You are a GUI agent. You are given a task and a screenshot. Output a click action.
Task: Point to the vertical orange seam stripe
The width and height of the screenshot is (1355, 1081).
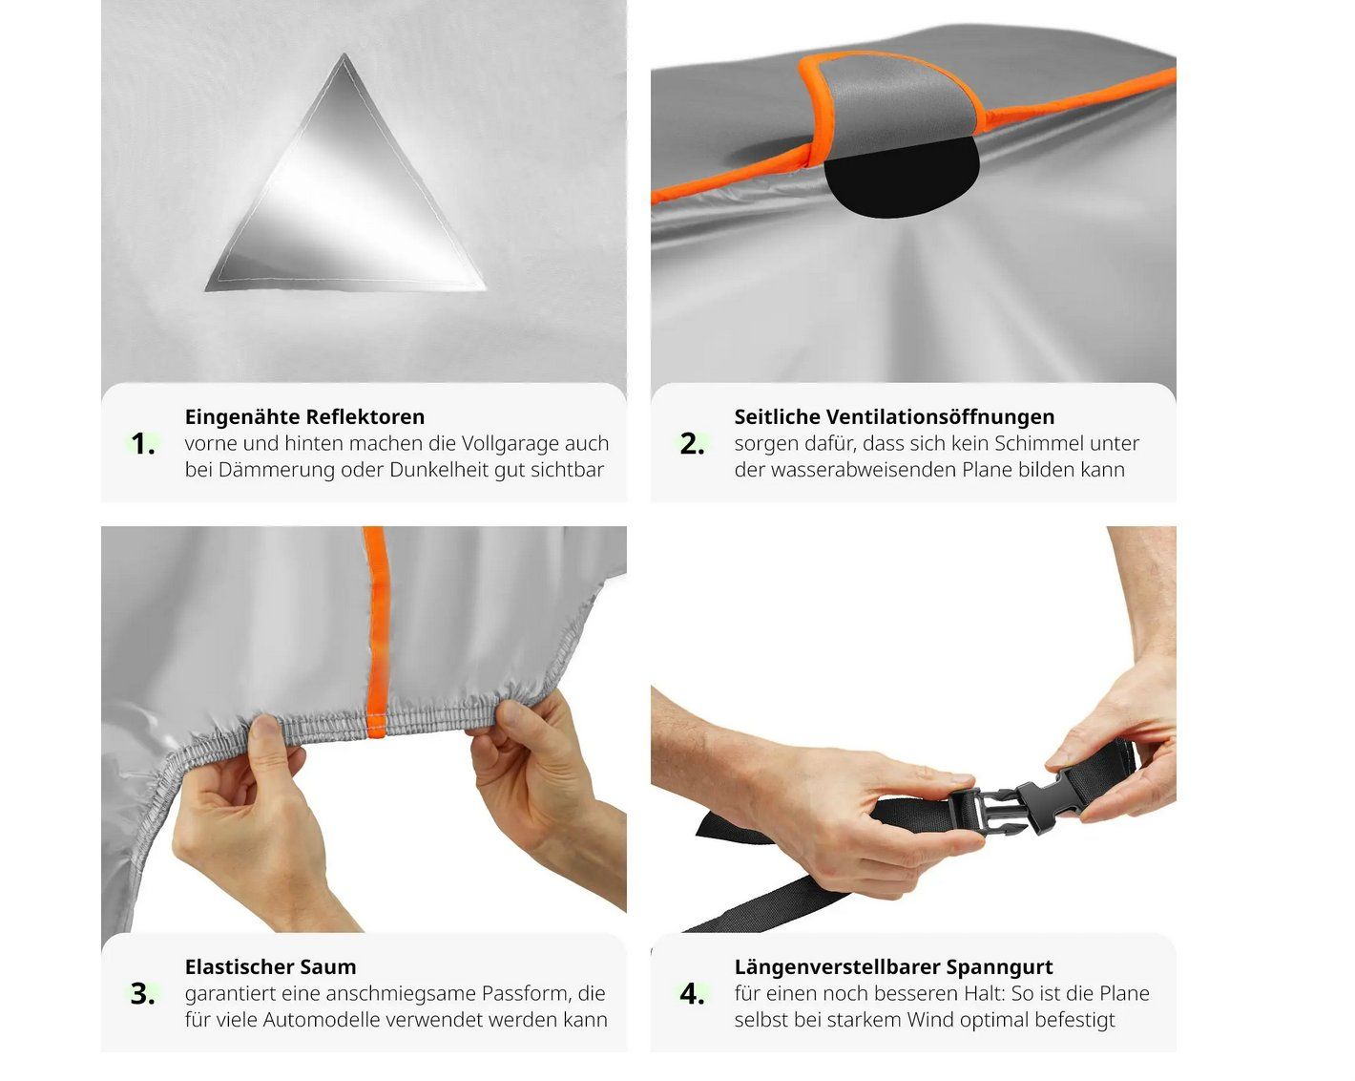tap(377, 630)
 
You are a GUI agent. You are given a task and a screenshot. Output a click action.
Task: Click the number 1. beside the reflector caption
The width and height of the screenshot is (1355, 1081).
tap(143, 444)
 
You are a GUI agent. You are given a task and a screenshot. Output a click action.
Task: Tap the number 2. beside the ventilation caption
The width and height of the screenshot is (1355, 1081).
tap(692, 444)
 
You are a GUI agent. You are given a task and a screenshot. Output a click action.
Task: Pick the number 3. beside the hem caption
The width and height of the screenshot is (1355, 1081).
tap(143, 994)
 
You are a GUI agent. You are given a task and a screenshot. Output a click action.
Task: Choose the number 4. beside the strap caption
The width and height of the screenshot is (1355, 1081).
tap(692, 994)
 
